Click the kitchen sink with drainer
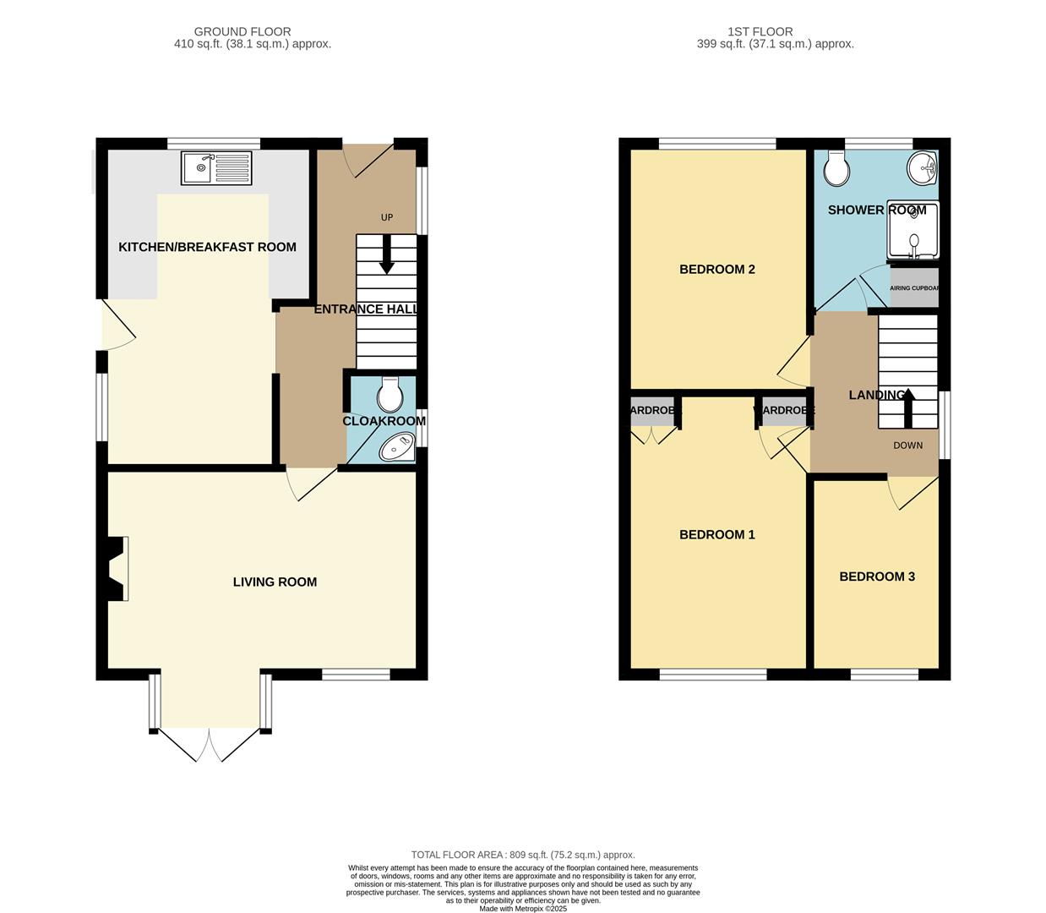[x=216, y=168]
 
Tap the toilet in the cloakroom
[x=390, y=394]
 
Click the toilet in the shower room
[x=836, y=169]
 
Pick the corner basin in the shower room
[x=923, y=169]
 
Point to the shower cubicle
[x=913, y=231]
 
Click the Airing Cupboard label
[x=914, y=288]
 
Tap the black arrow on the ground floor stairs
[x=387, y=255]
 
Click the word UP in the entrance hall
[x=387, y=217]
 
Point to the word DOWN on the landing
[x=908, y=446]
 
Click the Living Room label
[x=275, y=582]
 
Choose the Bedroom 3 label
[x=877, y=577]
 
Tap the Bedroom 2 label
[x=717, y=270]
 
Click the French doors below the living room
[x=210, y=744]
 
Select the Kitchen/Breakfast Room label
[x=207, y=248]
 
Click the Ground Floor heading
[x=242, y=32]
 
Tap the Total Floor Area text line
[x=522, y=855]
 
